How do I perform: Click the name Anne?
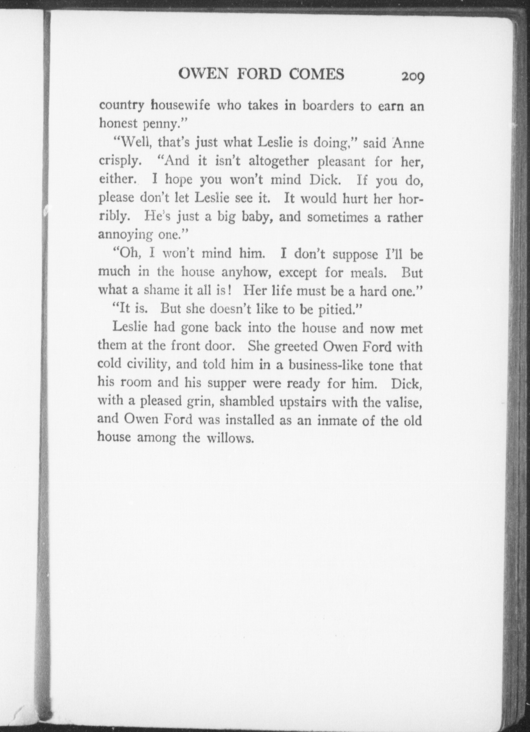coord(408,143)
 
